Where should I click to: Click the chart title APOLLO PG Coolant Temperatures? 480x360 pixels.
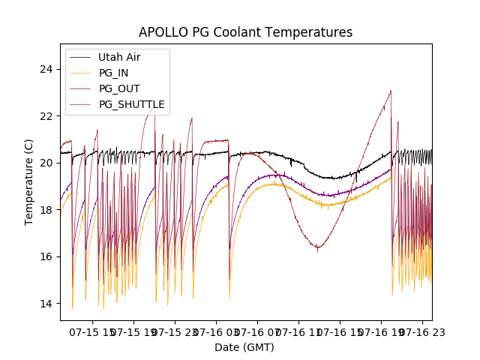coord(245,33)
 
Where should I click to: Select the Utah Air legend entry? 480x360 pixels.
coord(119,57)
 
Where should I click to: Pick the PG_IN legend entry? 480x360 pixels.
coord(113,73)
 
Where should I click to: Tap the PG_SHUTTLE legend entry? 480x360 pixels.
coord(131,104)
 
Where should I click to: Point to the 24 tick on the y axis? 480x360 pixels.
coord(47,69)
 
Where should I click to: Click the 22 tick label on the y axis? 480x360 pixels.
coord(47,116)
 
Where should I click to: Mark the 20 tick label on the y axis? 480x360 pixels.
coord(47,163)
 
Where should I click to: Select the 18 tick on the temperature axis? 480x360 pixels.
coord(47,210)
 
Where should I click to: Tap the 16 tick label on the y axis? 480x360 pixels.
coord(47,256)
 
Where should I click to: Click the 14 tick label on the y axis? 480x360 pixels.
coord(47,304)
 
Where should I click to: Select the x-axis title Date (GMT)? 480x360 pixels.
coord(244,347)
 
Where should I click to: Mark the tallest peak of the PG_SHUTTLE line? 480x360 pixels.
coord(391,91)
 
